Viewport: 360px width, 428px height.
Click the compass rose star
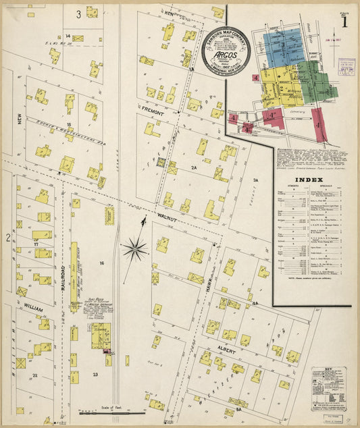tap(135, 250)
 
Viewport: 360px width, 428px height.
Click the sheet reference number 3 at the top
tap(78, 14)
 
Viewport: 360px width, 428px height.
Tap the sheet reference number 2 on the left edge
tap(8, 238)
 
